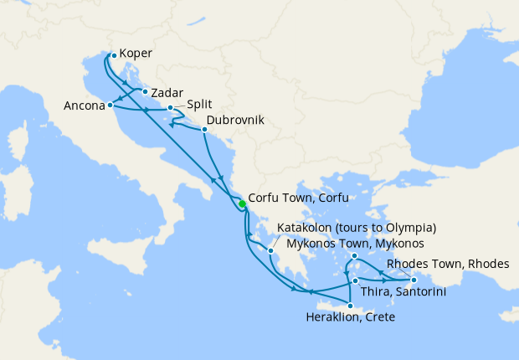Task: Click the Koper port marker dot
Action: click(x=114, y=56)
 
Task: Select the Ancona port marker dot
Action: click(x=110, y=106)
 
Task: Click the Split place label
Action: click(x=200, y=104)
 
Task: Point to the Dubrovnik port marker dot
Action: click(x=204, y=129)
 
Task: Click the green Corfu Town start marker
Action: click(x=242, y=203)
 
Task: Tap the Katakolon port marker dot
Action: click(x=271, y=249)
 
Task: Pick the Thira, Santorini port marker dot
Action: click(x=356, y=280)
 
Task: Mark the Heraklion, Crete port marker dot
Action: click(x=350, y=306)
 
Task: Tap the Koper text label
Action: click(x=136, y=53)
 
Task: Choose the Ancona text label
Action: click(x=84, y=106)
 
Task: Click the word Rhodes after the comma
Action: click(x=490, y=264)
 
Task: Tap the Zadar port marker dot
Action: click(x=146, y=92)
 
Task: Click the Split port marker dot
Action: click(x=170, y=108)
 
